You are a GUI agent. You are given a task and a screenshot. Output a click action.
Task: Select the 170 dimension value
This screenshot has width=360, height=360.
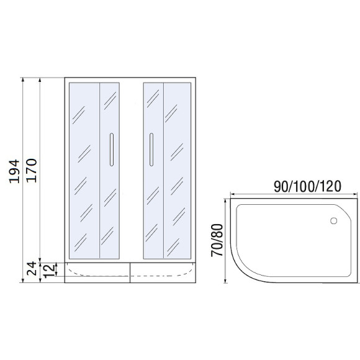tap(32, 169)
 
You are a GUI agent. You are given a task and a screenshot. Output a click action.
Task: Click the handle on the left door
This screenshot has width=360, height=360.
tap(111, 150)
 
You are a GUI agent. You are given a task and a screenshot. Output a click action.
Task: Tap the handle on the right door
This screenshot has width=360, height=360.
tap(150, 150)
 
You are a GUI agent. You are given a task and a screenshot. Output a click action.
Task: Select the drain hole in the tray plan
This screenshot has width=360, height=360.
tap(333, 220)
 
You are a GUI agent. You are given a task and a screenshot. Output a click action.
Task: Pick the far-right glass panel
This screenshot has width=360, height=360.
tap(178, 169)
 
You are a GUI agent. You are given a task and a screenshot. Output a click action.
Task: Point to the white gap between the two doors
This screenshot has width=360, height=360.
tap(132, 169)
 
